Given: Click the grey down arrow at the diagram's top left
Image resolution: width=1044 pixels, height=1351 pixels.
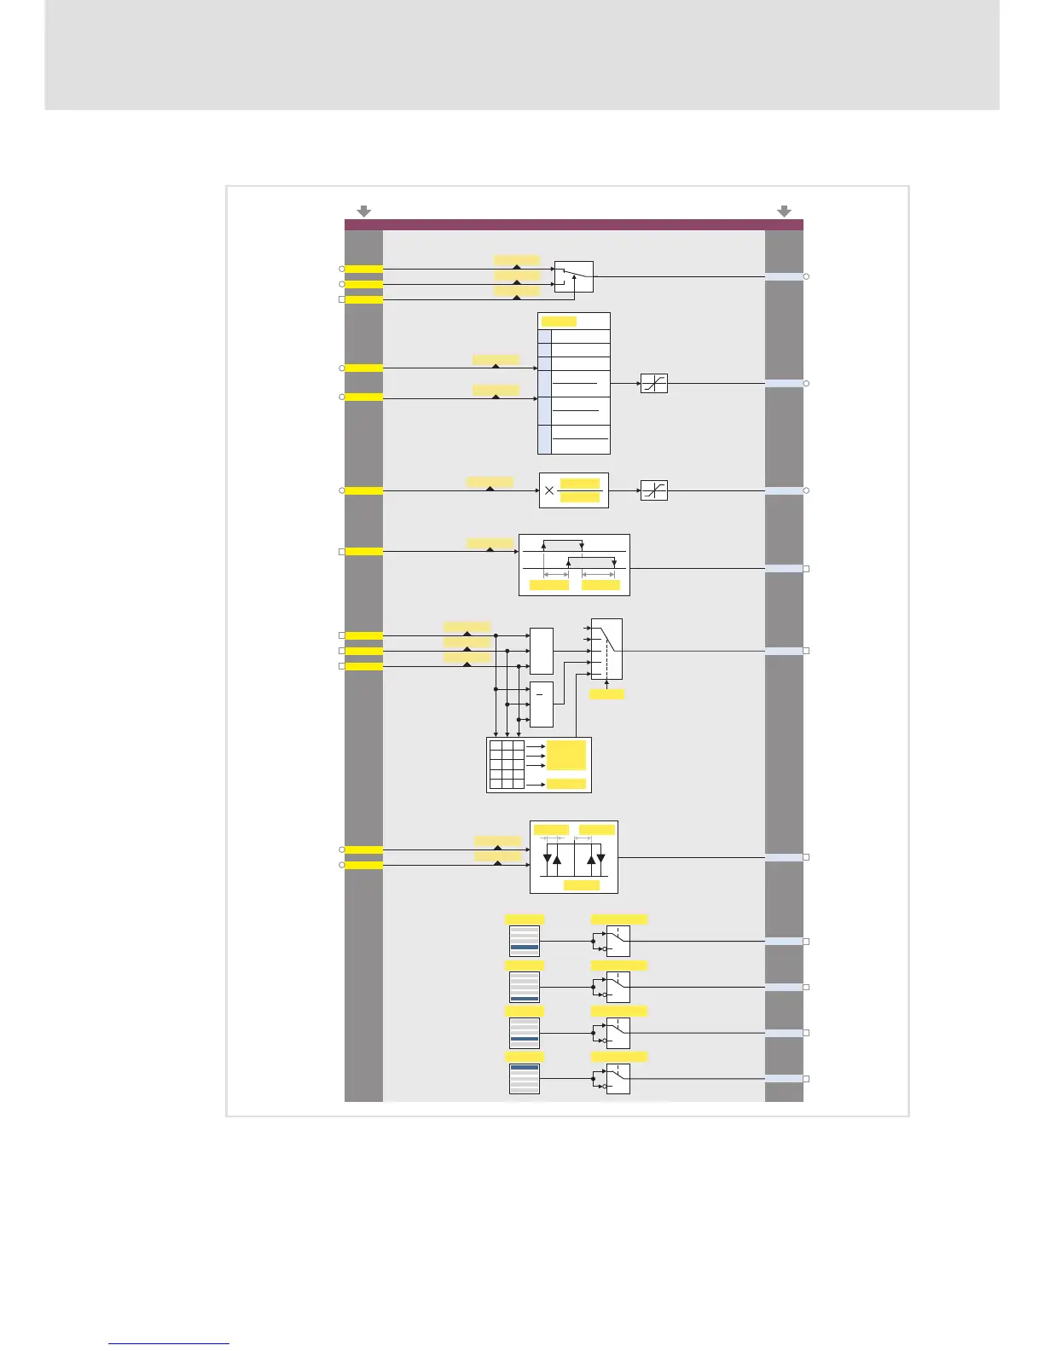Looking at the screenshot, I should tap(363, 211).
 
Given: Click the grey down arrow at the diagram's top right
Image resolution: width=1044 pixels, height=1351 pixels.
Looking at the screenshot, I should tap(784, 211).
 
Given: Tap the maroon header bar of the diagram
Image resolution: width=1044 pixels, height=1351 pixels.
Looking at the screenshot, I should tap(573, 225).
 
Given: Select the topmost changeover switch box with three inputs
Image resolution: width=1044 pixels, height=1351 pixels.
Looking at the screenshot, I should tap(573, 276).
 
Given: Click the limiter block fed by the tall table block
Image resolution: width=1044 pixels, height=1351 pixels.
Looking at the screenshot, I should tap(653, 384).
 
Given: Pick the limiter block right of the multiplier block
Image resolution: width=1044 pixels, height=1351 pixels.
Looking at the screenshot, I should tap(653, 490).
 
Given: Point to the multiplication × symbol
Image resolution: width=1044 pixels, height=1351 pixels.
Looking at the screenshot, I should tap(549, 490).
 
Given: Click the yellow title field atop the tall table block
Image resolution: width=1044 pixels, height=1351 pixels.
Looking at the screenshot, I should tap(559, 322).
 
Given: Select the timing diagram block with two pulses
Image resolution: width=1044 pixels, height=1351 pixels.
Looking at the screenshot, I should tap(574, 565).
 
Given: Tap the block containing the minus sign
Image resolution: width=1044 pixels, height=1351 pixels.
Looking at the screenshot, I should tap(541, 704).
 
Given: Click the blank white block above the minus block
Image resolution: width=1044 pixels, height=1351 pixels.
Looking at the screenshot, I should tap(541, 651).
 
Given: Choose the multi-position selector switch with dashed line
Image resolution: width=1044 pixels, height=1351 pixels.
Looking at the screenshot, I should tap(606, 649).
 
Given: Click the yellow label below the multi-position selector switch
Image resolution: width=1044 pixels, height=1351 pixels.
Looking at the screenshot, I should tap(606, 694).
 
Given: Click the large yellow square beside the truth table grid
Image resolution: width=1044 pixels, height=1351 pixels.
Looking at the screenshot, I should tap(565, 755).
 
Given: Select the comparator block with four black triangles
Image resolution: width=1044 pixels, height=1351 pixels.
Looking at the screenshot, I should tap(573, 857).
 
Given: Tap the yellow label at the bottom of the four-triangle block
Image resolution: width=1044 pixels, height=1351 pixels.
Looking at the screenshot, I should tap(582, 885).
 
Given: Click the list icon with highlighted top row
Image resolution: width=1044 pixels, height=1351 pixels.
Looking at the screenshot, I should tap(525, 1079).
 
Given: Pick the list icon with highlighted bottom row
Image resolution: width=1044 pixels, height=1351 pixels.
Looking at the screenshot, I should tap(525, 987).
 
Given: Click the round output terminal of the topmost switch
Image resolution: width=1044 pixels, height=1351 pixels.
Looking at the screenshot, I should tap(806, 276).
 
